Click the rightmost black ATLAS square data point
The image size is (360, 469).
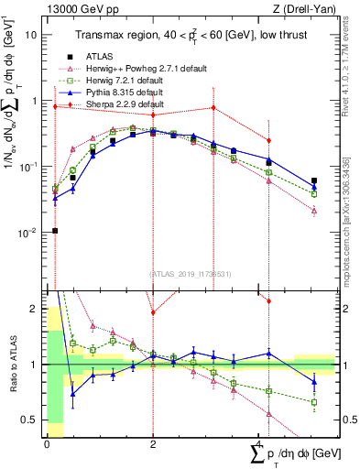pyautogui.click(x=314, y=181)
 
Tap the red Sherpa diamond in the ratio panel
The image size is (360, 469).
pyautogui.click(x=153, y=312)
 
